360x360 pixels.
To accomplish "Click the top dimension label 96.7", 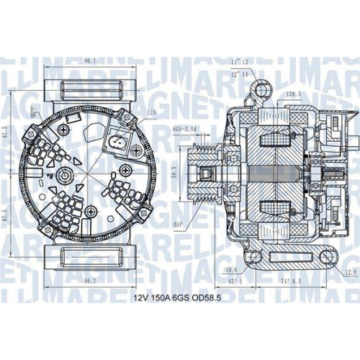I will (x=90, y=61).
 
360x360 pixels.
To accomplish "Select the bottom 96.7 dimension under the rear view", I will (x=90, y=281).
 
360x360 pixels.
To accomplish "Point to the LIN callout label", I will (x=152, y=114).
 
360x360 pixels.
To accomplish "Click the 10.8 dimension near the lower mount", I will (x=233, y=270).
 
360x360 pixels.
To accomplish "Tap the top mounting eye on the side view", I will (x=264, y=89).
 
